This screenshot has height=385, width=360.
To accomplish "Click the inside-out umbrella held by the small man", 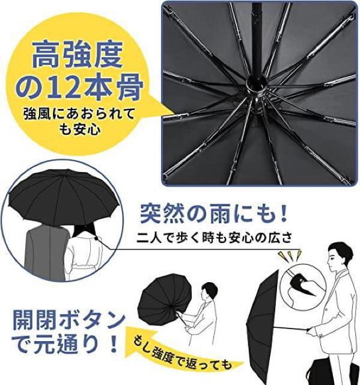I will [x=163, y=297].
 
